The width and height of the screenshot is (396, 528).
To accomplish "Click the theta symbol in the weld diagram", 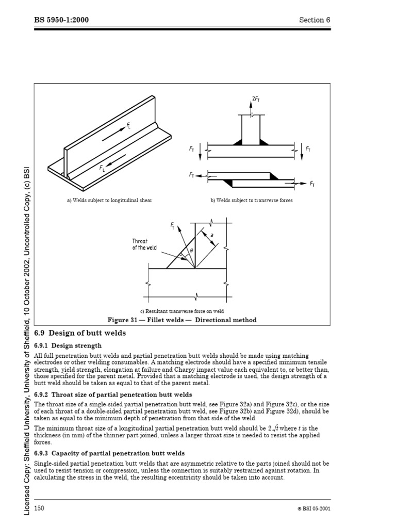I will (x=191, y=250).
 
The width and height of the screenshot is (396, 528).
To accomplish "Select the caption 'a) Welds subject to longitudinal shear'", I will (x=109, y=201).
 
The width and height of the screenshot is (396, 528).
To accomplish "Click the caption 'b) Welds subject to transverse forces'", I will (x=251, y=201).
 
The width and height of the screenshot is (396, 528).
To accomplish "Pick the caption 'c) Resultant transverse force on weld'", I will (x=182, y=311).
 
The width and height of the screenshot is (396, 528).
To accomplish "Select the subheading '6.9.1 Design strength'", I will (x=68, y=345).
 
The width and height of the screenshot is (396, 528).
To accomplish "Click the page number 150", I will (x=39, y=508).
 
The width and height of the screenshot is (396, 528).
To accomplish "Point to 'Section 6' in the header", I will (x=314, y=20).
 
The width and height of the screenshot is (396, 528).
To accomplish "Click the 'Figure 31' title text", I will (x=181, y=320).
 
